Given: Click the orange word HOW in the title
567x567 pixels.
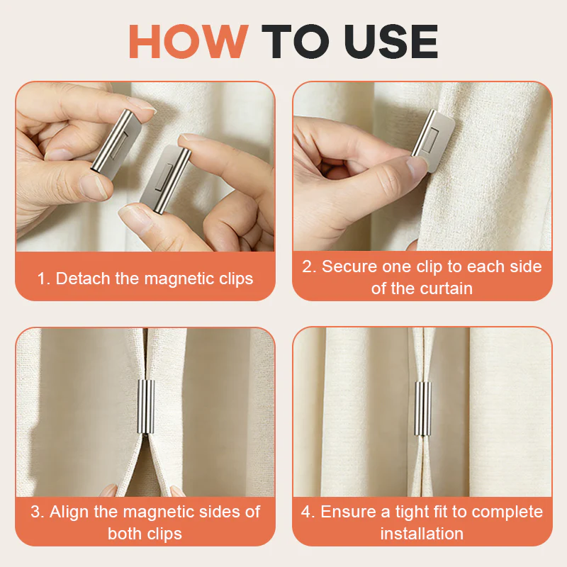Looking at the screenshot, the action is pyautogui.click(x=189, y=41).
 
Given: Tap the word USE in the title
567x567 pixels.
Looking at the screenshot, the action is pyautogui.click(x=391, y=41).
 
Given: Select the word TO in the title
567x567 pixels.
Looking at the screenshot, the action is pyautogui.click(x=296, y=41).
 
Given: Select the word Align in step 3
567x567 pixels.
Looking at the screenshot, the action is pyautogui.click(x=69, y=512).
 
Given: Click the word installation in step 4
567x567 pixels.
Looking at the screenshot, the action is pyautogui.click(x=422, y=534).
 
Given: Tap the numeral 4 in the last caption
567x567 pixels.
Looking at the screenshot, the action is pyautogui.click(x=305, y=512).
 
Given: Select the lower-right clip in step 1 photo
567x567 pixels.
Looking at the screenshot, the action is pyautogui.click(x=166, y=179).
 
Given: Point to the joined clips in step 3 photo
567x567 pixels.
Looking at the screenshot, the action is pyautogui.click(x=146, y=406).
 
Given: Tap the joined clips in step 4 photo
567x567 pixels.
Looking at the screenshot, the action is pyautogui.click(x=422, y=409).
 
